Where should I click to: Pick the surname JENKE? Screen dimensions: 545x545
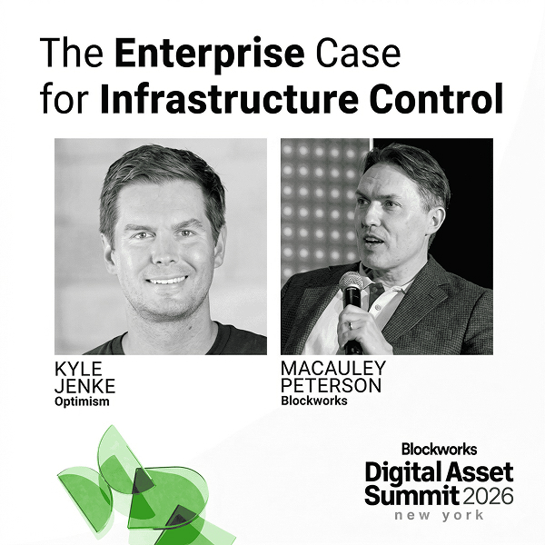point(85,386)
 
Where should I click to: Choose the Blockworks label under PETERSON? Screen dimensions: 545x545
point(313,401)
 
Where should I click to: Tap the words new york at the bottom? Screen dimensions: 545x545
point(439,516)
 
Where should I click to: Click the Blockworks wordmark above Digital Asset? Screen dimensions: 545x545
point(439,449)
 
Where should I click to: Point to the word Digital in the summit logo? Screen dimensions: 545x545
point(401,473)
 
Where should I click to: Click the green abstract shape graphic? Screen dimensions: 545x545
point(136,486)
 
